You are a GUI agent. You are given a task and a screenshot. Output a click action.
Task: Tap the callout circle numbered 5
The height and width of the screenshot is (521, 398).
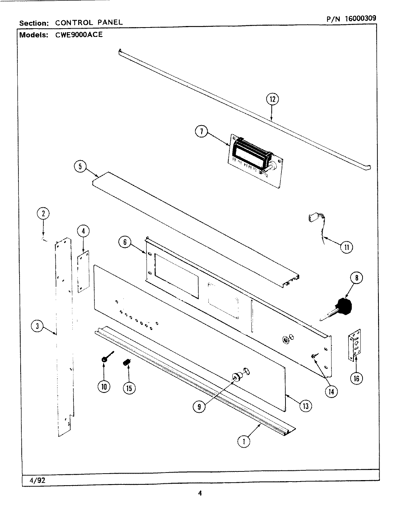tap(80, 167)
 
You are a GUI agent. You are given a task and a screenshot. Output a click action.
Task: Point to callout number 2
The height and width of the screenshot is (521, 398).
tap(43, 213)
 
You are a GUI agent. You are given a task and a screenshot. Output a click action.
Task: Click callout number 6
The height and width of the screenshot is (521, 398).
tap(125, 242)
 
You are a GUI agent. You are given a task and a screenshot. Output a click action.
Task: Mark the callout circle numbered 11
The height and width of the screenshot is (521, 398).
tap(346, 247)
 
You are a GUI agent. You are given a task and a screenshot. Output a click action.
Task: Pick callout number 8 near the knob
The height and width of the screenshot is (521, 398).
tap(356, 278)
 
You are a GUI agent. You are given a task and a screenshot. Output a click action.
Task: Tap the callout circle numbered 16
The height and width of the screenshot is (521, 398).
tap(356, 378)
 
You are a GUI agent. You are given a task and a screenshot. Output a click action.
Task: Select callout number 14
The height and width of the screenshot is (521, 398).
tap(331, 391)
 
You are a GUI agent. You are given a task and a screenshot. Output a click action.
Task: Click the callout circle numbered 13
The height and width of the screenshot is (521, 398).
tap(306, 406)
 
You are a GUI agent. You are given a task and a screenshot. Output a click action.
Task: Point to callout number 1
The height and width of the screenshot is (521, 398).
tap(244, 441)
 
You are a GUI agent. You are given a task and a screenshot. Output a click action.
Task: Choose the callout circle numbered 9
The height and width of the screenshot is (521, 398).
tap(199, 407)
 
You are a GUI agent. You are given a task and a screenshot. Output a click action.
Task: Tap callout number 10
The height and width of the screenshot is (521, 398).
tap(104, 387)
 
